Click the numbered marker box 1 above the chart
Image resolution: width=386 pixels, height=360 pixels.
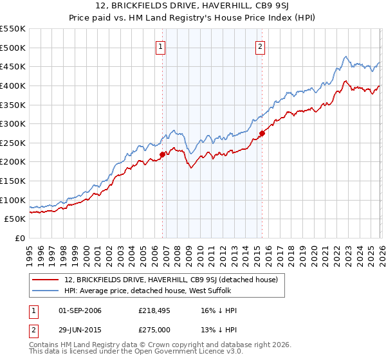click(x=160, y=46)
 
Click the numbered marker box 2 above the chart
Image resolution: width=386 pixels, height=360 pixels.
click(x=261, y=46)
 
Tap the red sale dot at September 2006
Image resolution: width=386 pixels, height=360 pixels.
click(x=162, y=154)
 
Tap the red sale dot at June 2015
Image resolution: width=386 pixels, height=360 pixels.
click(x=262, y=133)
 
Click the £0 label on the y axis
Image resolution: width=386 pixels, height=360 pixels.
click(x=19, y=238)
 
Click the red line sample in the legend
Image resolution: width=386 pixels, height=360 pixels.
click(x=45, y=280)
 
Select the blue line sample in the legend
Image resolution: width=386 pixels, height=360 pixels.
click(x=45, y=291)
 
